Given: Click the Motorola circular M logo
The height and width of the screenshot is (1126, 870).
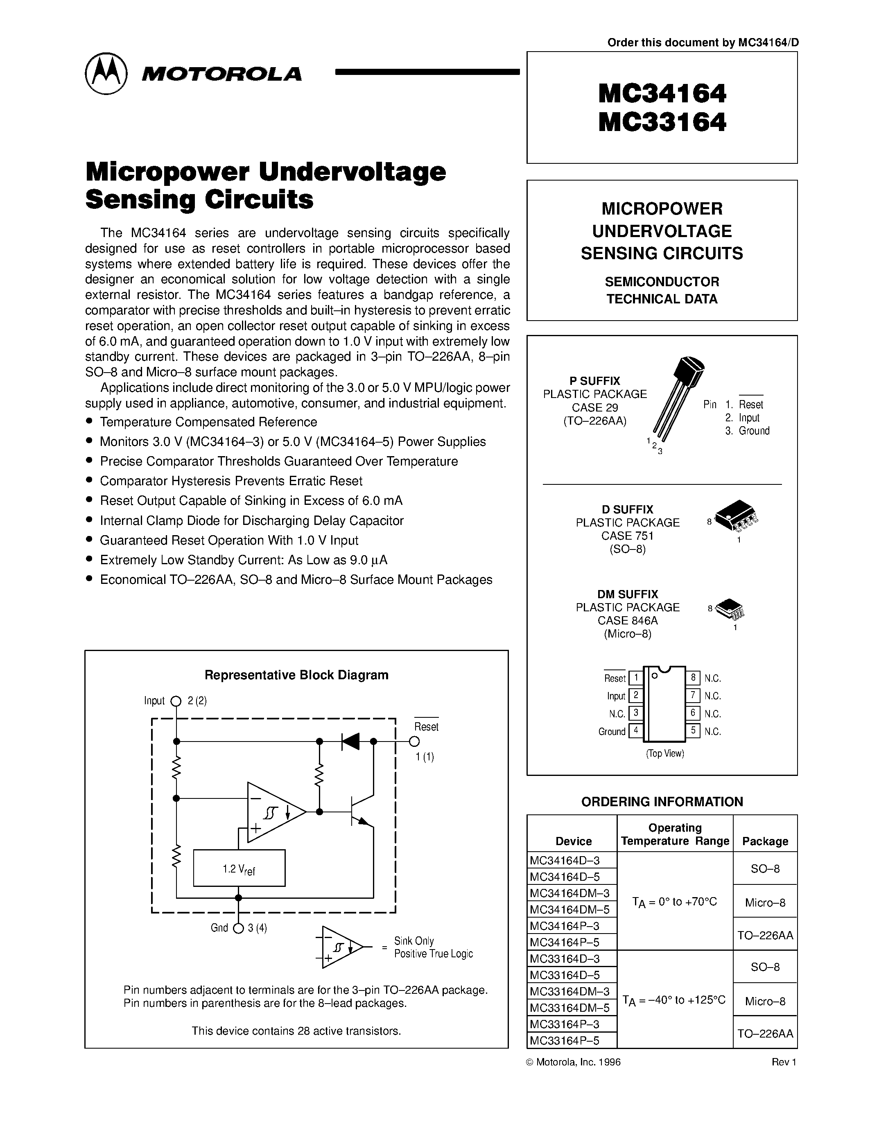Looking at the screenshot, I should pyautogui.click(x=106, y=73).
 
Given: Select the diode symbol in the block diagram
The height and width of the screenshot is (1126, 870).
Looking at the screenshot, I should pyautogui.click(x=350, y=742).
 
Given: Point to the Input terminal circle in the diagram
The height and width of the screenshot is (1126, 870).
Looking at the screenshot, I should pyautogui.click(x=176, y=701).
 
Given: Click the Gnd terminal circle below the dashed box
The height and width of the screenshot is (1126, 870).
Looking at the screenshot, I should pyautogui.click(x=238, y=928).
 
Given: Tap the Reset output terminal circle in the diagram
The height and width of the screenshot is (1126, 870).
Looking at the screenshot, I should pyautogui.click(x=414, y=742).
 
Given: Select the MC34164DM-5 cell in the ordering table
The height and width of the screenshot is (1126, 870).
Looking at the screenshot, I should pyautogui.click(x=571, y=909).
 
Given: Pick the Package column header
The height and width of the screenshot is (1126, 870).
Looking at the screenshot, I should pyautogui.click(x=765, y=841).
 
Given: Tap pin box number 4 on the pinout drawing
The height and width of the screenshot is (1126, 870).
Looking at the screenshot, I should pyautogui.click(x=635, y=730).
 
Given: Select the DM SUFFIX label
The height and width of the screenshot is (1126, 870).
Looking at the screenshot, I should pyautogui.click(x=627, y=594).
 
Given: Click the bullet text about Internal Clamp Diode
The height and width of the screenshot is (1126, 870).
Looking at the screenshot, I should pyautogui.click(x=251, y=521).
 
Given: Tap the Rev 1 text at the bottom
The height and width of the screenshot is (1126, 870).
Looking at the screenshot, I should pyautogui.click(x=784, y=1062).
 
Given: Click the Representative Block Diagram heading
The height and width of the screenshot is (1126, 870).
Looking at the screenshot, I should pyautogui.click(x=296, y=675).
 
